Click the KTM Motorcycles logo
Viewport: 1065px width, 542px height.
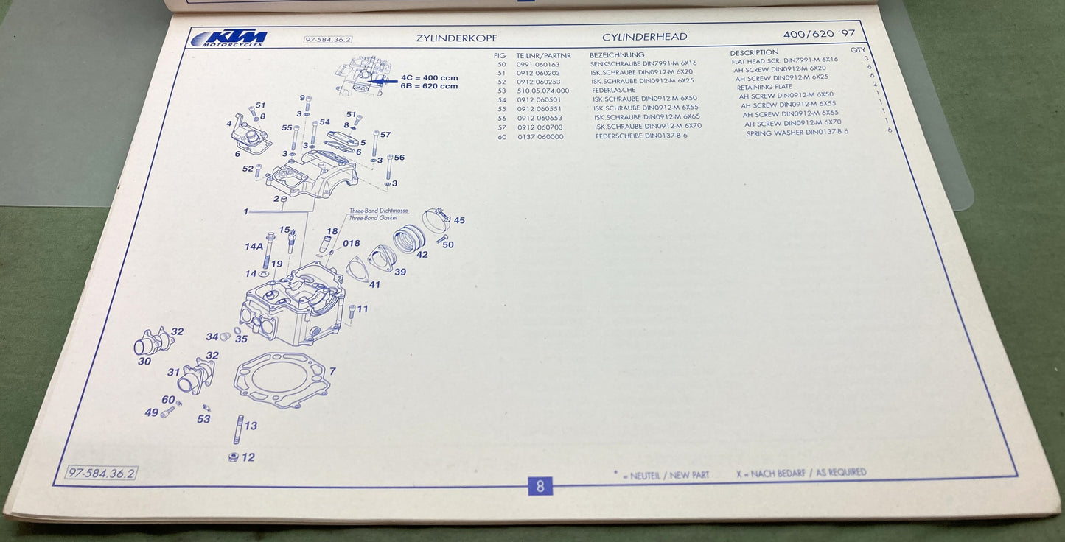click(228, 38)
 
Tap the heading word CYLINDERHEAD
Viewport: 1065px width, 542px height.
click(644, 37)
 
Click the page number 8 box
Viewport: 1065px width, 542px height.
click(540, 485)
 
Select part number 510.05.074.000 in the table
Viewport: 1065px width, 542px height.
click(543, 91)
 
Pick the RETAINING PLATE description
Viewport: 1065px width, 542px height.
click(765, 87)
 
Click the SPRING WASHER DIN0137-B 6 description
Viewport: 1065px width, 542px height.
click(797, 133)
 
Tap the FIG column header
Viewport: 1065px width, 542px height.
click(500, 55)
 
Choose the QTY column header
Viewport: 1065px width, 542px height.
click(858, 50)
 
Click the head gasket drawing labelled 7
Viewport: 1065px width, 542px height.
click(281, 380)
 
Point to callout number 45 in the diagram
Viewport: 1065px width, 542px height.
click(459, 220)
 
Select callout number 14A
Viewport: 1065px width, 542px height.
click(254, 247)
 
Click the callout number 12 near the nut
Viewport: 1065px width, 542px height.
click(248, 457)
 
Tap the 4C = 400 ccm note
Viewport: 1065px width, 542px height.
click(429, 77)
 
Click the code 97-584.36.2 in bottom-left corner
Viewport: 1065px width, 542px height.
click(101, 473)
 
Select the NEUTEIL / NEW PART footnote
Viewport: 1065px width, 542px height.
click(665, 476)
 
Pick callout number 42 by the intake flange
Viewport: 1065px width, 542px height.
click(422, 255)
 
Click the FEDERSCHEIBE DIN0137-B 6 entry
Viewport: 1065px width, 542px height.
click(641, 136)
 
